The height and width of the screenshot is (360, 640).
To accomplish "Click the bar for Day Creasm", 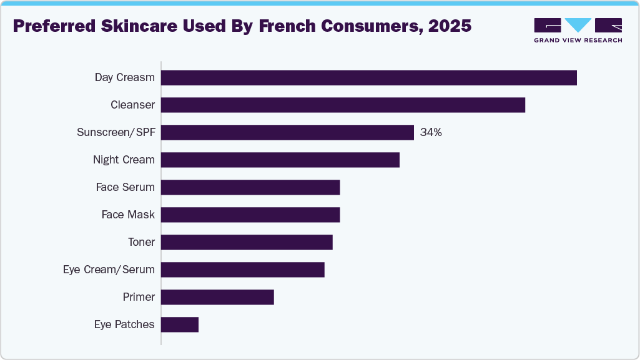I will [x=368, y=77].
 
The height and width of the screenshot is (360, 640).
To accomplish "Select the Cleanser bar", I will [x=343, y=105].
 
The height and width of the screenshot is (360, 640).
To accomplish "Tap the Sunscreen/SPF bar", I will [x=287, y=132].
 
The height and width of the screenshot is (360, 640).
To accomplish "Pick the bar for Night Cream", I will [x=280, y=160].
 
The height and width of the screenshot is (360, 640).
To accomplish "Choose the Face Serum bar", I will [x=250, y=187].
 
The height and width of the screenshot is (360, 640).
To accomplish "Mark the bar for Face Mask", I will [x=250, y=215].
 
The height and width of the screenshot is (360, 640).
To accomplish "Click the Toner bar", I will [x=247, y=242].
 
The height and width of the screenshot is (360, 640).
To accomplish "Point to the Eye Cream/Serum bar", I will [x=243, y=270].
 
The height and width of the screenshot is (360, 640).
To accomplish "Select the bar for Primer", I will [x=217, y=297].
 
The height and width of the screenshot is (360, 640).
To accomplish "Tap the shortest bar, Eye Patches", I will [x=180, y=324].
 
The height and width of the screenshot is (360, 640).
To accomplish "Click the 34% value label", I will [x=431, y=132].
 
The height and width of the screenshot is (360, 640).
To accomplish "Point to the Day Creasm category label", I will [x=124, y=77].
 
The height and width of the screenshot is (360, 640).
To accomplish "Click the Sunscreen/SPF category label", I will [x=116, y=132].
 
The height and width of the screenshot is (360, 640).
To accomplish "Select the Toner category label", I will [x=140, y=242].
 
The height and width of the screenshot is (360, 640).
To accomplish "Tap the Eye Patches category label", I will [x=124, y=324].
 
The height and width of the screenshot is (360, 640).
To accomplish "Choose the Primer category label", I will [x=139, y=297].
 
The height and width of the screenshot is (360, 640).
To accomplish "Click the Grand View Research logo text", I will [x=578, y=41].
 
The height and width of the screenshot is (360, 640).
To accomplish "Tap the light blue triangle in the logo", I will [x=578, y=25].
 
